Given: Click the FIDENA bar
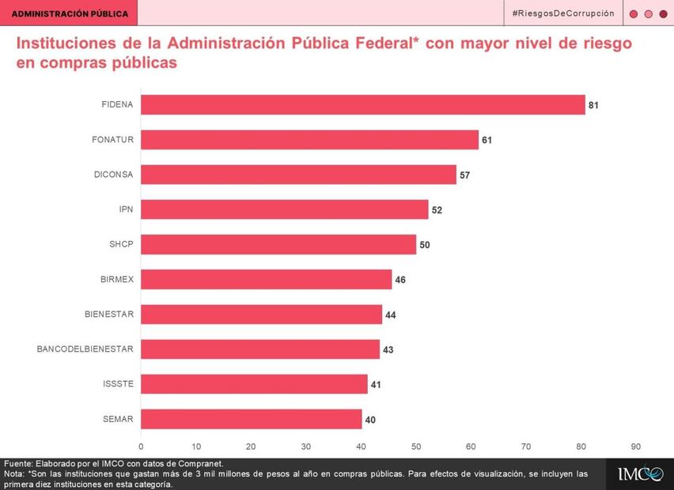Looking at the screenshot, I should (363, 104).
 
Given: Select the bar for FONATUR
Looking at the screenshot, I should (310, 140).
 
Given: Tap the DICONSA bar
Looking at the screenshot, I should (299, 175).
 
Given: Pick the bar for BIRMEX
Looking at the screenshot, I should (267, 279).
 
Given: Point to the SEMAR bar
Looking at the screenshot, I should (252, 419).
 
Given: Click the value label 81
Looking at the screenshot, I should (593, 105).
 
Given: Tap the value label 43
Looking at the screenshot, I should (388, 349).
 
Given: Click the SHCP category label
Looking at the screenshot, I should (121, 244).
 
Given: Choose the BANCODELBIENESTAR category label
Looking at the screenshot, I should (85, 349).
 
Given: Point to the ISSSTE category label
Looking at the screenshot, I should (118, 384).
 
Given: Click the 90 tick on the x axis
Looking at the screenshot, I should (635, 446).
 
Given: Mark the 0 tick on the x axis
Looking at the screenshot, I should (141, 446).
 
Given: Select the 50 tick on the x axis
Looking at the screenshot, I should (416, 446).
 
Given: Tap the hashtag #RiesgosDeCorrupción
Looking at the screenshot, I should (562, 13).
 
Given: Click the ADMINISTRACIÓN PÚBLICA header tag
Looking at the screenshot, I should (70, 13).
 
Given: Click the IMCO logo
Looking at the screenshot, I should (640, 473).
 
